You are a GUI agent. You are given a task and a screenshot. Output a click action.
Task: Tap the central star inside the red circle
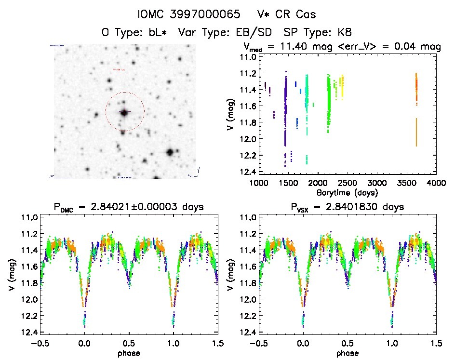coord(124,112)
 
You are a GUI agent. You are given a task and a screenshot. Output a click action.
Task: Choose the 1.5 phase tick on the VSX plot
coord(436,344)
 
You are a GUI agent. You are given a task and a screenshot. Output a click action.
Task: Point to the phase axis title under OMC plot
coord(129,353)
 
